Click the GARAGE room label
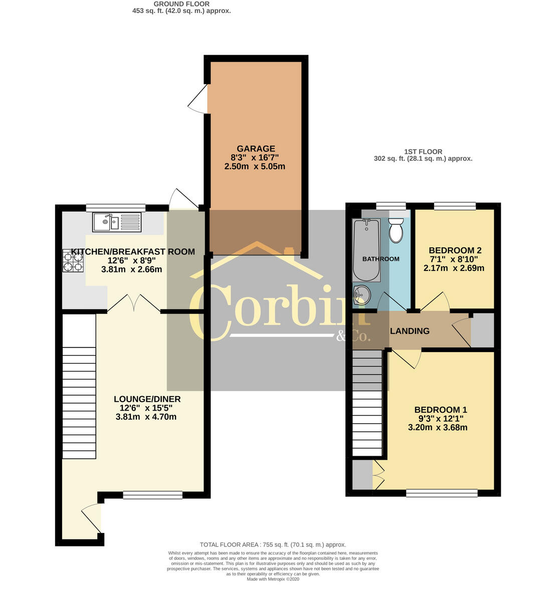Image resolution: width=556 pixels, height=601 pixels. click(x=256, y=148)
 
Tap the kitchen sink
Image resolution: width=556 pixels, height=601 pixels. click(x=117, y=222)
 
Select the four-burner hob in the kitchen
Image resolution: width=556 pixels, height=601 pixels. click(x=73, y=261)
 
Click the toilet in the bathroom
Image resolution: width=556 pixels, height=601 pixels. click(x=396, y=231)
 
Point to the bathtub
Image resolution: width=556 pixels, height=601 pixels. click(x=366, y=249)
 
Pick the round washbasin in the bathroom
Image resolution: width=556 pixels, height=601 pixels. click(x=361, y=295)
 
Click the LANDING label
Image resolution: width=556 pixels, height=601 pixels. click(x=410, y=331)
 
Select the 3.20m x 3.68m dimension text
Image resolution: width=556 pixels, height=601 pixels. click(x=438, y=427)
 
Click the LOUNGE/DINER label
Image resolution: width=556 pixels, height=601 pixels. click(x=147, y=399)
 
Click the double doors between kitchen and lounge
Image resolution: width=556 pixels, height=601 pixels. click(x=134, y=304)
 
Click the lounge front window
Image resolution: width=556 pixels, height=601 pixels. click(x=152, y=495)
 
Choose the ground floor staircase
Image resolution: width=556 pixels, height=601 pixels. click(x=79, y=386)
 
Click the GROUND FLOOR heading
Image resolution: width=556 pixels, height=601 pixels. click(x=181, y=4)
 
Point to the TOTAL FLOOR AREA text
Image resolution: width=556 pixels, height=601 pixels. click(x=273, y=544)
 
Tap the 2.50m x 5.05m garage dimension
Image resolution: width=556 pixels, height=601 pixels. click(x=255, y=166)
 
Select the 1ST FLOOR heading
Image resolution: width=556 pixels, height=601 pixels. click(x=423, y=152)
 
